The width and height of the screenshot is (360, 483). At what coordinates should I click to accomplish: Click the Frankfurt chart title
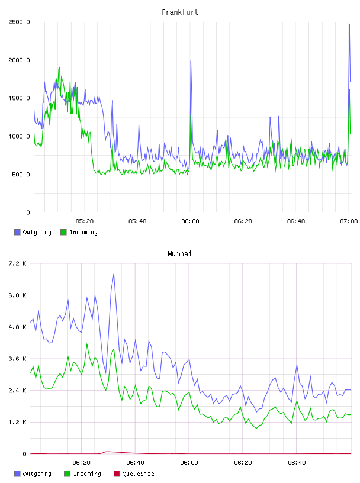(x=180, y=12)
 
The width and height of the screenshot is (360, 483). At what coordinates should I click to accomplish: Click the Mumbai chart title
(x=179, y=254)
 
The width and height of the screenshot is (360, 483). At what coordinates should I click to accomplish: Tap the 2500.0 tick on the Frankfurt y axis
(x=19, y=22)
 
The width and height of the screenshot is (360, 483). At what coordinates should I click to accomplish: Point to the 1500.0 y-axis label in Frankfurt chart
(x=19, y=98)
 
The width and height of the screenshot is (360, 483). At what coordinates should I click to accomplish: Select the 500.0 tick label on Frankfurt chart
(x=21, y=175)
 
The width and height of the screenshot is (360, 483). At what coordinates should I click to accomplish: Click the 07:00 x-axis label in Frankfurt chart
(x=349, y=221)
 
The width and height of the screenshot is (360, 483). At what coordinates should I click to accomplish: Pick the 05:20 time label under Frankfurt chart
(x=85, y=221)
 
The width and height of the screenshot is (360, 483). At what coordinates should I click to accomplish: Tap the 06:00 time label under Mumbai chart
(x=189, y=463)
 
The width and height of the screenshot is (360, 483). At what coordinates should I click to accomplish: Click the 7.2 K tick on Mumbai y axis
(x=18, y=263)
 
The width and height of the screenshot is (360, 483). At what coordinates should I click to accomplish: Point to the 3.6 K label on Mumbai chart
(x=18, y=359)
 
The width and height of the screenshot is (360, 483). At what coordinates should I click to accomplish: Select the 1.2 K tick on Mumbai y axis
(x=18, y=422)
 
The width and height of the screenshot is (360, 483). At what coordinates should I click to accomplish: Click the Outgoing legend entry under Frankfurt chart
(x=33, y=232)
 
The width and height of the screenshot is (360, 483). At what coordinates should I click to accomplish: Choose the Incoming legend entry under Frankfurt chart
(x=79, y=232)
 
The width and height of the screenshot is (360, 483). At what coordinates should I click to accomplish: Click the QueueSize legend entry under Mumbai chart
(x=134, y=474)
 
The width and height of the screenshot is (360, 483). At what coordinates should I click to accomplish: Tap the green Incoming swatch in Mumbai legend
(x=67, y=474)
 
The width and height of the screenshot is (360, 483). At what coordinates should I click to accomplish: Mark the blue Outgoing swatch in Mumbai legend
(x=17, y=474)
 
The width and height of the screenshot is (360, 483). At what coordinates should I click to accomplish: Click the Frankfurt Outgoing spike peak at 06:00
(x=191, y=61)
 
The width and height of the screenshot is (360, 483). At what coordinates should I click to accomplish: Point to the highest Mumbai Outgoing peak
(x=114, y=273)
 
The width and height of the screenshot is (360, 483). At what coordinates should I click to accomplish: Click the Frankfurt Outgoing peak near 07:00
(x=349, y=24)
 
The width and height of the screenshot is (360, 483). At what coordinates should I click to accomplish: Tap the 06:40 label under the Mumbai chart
(x=297, y=463)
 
